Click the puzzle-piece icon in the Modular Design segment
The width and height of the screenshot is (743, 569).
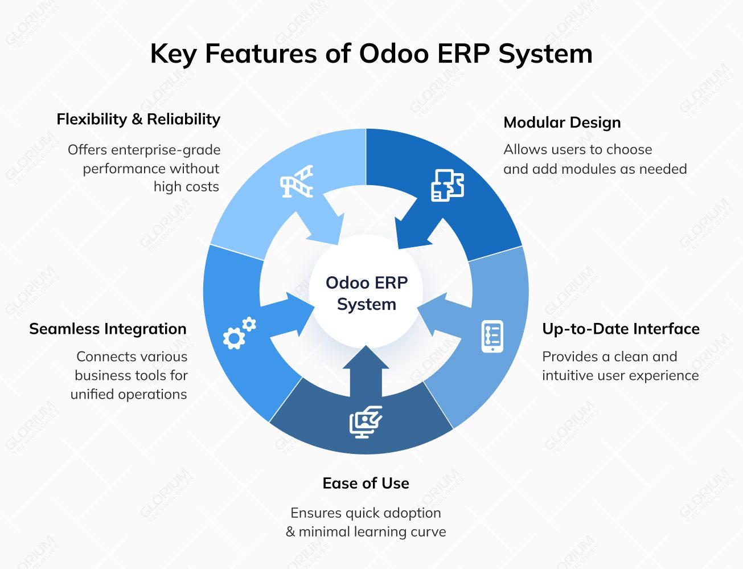point(448,185)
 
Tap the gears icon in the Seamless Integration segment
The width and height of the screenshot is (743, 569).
point(239,333)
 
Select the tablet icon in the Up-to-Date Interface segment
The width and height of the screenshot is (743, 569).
point(492,336)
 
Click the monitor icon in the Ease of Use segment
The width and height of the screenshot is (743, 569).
point(365,421)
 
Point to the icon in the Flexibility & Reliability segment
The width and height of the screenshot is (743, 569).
point(297,182)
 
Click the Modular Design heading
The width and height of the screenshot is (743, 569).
point(562,122)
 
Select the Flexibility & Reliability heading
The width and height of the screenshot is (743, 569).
point(138,119)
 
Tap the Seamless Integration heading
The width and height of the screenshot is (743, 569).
point(108,329)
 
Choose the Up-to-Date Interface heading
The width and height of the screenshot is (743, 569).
point(621,329)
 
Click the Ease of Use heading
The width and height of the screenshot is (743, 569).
point(366,483)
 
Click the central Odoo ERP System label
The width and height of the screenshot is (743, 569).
point(366,293)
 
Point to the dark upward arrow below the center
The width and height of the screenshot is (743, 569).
point(366,370)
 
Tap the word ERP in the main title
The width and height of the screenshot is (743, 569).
point(463,54)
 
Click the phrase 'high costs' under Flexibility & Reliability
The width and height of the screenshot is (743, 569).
point(186,187)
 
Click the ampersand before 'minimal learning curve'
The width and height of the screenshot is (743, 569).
point(290,532)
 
